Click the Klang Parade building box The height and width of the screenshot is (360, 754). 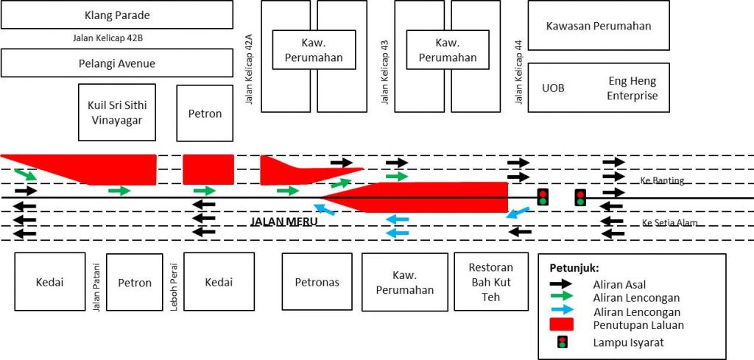tap(117, 15)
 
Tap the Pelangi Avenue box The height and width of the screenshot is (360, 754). tap(117, 63)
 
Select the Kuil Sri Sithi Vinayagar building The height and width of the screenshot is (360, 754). tap(117, 112)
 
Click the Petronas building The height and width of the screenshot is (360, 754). tap(317, 282)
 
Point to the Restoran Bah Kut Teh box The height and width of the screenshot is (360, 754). tap(491, 282)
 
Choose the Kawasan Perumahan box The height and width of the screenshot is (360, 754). tap(599, 26)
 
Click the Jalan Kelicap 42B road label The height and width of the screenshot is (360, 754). tap(113, 38)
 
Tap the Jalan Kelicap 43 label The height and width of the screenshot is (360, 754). tap(384, 71)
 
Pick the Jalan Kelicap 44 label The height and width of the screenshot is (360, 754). tap(518, 71)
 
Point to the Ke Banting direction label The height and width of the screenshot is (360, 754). tap(662, 181)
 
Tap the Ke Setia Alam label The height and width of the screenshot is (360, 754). tap(669, 223)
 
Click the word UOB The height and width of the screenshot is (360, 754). tap(553, 88)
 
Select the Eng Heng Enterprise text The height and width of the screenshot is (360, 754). tap(633, 88)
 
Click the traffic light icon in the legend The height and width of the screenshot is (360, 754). tap(562, 342)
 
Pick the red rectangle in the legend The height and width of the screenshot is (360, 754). tap(561, 325)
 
